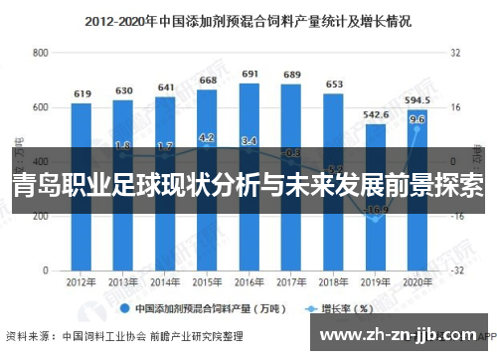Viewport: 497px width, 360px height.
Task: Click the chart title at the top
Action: [248, 19]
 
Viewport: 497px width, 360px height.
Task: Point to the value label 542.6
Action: [375, 115]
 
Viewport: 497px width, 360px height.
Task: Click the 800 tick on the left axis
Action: [41, 53]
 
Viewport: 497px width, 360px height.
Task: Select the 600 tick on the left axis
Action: [41, 107]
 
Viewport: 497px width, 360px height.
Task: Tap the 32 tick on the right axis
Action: [454, 53]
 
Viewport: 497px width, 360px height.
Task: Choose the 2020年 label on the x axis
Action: [417, 283]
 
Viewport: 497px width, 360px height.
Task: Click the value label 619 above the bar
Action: [82, 93]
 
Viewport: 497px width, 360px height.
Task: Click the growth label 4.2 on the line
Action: [207, 138]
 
